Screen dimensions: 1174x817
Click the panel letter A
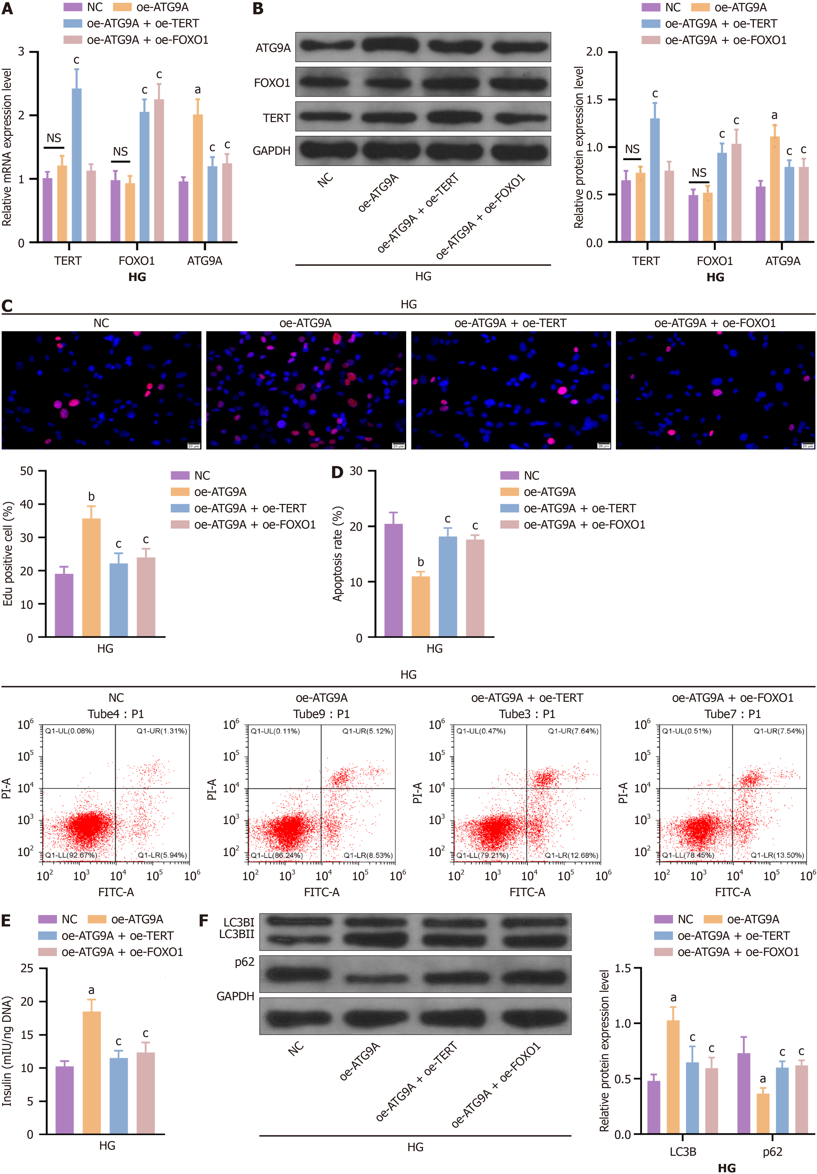(x=7, y=9)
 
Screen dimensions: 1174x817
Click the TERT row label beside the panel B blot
(x=276, y=118)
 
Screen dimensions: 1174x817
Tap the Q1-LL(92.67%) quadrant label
(x=71, y=855)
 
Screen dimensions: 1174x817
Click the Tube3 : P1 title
(x=527, y=714)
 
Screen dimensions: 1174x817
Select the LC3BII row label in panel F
(x=236, y=934)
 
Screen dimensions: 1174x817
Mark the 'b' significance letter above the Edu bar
(x=91, y=497)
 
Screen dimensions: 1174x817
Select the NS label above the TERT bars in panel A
(x=54, y=138)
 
